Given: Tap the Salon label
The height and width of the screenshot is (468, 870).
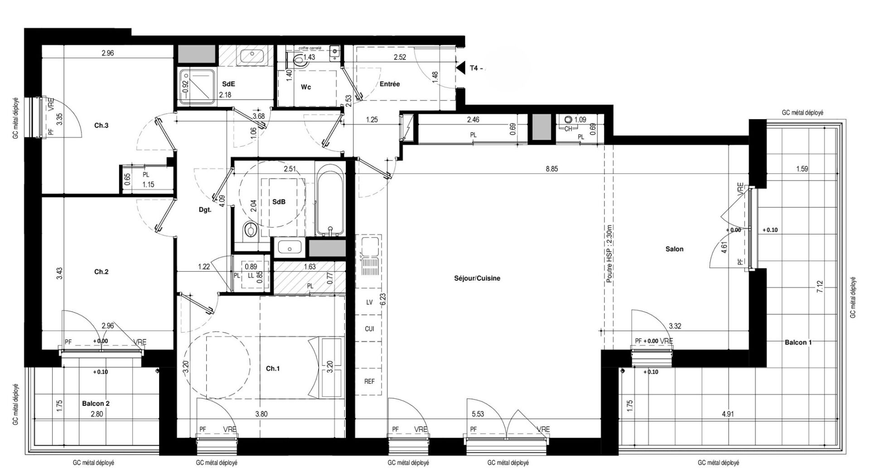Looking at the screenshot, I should click(x=674, y=249).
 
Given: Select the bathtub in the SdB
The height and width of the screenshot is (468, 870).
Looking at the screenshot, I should click(x=330, y=200).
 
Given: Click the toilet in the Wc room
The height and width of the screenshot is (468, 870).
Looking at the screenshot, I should click(x=300, y=60).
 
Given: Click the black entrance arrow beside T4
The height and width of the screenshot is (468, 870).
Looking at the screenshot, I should click(x=460, y=68).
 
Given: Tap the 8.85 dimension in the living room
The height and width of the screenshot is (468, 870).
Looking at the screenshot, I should click(x=551, y=169).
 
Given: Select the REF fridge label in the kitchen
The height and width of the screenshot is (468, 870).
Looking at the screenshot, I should click(x=369, y=382).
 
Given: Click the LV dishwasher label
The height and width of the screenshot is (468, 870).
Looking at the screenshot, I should click(x=369, y=302).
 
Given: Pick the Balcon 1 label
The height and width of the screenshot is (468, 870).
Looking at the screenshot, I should click(x=798, y=342).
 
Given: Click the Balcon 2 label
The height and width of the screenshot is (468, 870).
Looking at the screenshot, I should click(x=96, y=403).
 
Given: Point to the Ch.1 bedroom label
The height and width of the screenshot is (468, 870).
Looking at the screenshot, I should click(x=272, y=369).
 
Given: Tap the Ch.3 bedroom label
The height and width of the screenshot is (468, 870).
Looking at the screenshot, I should click(x=101, y=126).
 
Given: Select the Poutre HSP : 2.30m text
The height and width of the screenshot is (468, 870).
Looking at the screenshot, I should click(x=609, y=254).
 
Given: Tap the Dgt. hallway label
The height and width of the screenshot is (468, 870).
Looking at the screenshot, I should click(x=205, y=210).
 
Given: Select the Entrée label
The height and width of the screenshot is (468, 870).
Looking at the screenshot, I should click(x=390, y=84).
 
